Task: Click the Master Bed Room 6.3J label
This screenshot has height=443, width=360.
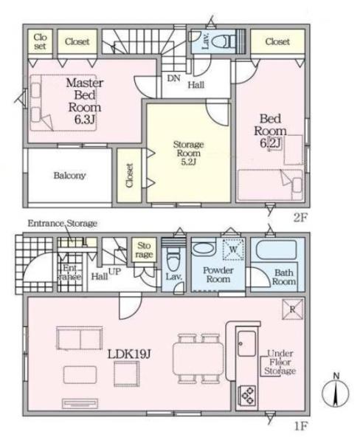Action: coord(85,101)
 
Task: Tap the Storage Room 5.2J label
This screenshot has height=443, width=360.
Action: coord(188,153)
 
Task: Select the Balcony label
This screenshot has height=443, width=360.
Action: coord(69,175)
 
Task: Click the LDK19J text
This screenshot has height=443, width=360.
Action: coord(129,354)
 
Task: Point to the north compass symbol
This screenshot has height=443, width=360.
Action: coord(336,391)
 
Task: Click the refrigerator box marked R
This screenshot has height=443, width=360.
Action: coord(293,309)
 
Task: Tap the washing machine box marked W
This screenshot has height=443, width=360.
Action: coord(233,250)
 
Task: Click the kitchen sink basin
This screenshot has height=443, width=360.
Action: coord(246,343)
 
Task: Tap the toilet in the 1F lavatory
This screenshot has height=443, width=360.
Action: coord(173,260)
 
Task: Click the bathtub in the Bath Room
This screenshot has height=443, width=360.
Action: coord(276,250)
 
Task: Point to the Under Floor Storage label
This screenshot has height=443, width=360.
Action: coord(280,362)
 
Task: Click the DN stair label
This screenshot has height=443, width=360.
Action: coord(173,78)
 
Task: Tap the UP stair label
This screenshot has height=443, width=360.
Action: coord(114,272)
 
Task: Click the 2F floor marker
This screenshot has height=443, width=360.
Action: coord(300,218)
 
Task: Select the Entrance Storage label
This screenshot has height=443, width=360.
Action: coord(63,223)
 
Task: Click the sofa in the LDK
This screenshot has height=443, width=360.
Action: coord(80,338)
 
